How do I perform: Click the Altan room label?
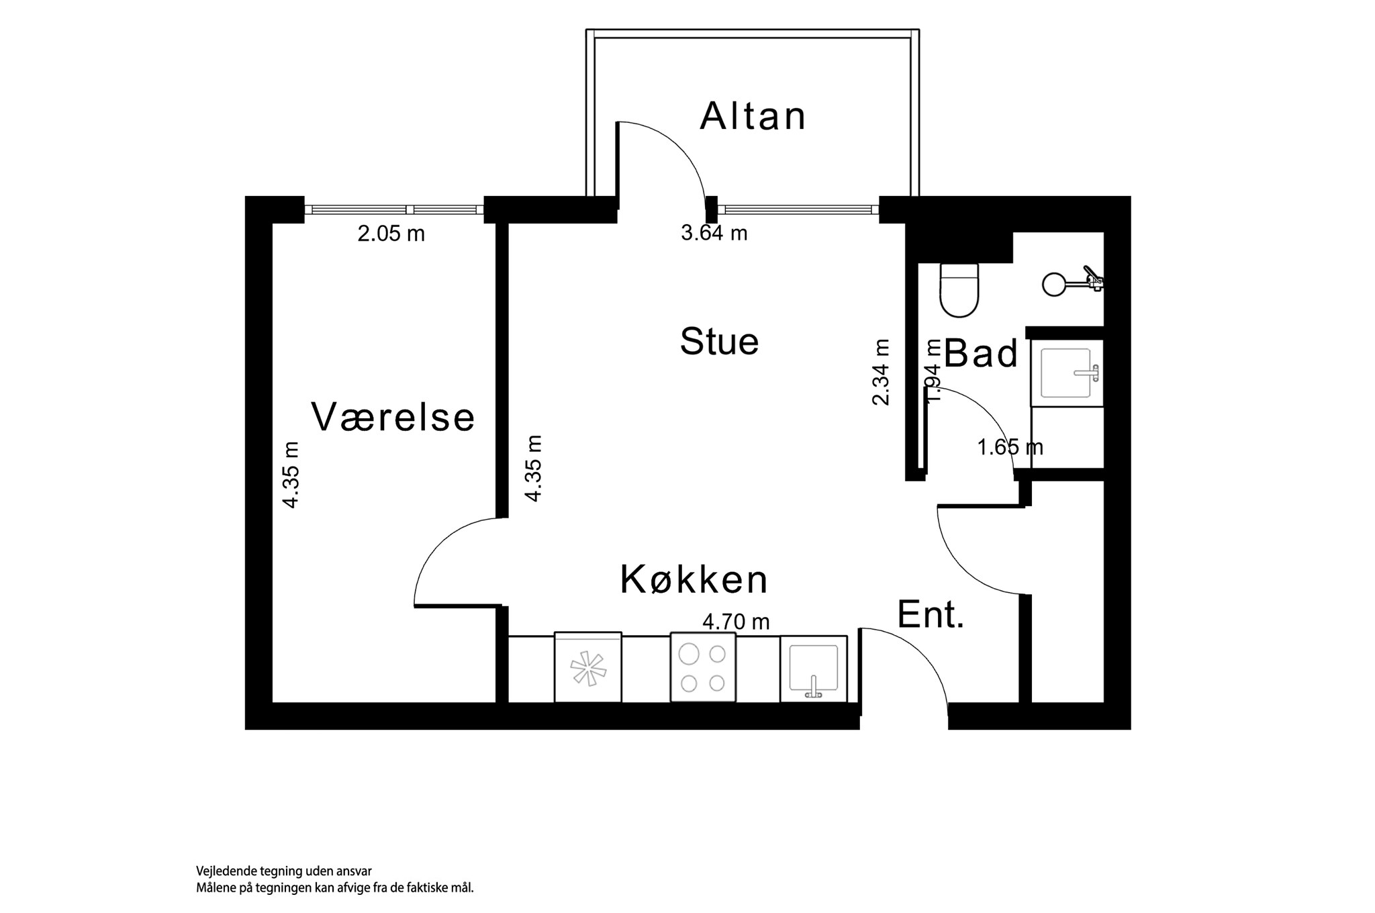click(x=753, y=116)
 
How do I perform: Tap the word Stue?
click(x=719, y=341)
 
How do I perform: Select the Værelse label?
click(x=393, y=417)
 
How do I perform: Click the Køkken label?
click(x=694, y=579)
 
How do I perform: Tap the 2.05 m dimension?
click(x=391, y=234)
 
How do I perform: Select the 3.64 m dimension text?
click(x=714, y=233)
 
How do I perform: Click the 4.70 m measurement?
click(x=736, y=622)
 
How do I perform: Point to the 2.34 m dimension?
click(x=881, y=372)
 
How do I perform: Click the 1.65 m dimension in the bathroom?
click(x=1010, y=446)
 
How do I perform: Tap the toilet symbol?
click(x=959, y=290)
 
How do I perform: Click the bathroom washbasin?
click(x=1067, y=373)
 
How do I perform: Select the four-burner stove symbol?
click(x=703, y=667)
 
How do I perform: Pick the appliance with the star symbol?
click(x=588, y=667)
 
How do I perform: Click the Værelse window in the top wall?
click(x=393, y=209)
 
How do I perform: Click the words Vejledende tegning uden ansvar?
click(x=284, y=871)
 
